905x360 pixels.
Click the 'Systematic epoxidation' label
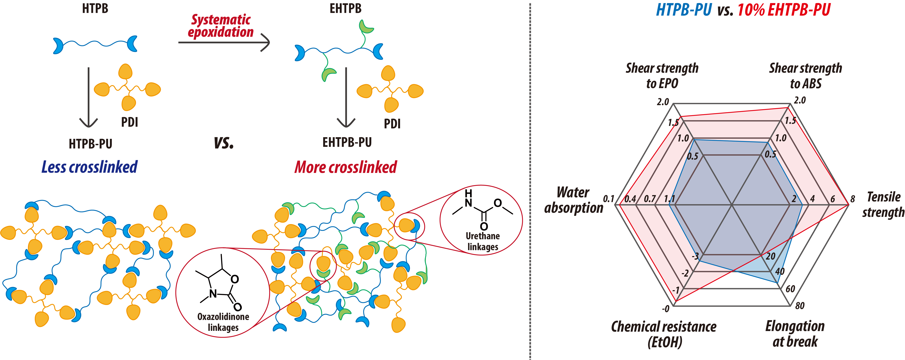pos(221,26)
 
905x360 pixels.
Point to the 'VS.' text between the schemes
pos(224,143)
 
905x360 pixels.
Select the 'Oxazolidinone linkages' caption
pos(223,322)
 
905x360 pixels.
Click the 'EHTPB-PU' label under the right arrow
pos(347,142)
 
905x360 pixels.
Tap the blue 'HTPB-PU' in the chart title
pos(684,10)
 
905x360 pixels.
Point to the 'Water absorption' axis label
pos(573,200)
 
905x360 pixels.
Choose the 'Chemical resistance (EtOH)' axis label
pos(664,334)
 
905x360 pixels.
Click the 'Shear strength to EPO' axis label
pos(662,76)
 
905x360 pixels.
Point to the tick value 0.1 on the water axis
pos(609,199)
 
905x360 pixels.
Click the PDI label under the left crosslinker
pos(130,122)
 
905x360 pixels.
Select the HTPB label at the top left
pos(95,8)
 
